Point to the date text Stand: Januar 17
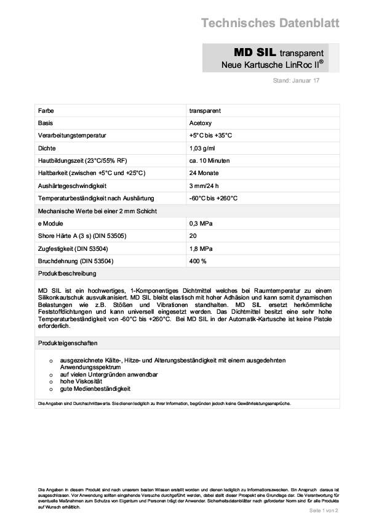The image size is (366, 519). click(296, 81)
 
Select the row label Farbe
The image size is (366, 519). click(46, 110)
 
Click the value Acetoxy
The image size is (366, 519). click(201, 123)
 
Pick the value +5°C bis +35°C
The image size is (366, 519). click(210, 135)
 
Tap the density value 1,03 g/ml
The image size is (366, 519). click(204, 148)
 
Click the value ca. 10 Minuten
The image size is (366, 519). click(210, 160)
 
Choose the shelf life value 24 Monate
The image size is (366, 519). click(205, 173)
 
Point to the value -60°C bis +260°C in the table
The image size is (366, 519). click(213, 198)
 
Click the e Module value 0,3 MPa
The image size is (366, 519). click(201, 223)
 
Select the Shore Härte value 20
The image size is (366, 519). click(193, 236)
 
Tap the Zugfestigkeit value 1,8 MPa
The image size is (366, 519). click(201, 248)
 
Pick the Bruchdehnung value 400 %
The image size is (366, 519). click(198, 261)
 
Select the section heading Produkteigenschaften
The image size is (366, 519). click(68, 343)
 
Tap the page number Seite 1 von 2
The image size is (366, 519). click(324, 511)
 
